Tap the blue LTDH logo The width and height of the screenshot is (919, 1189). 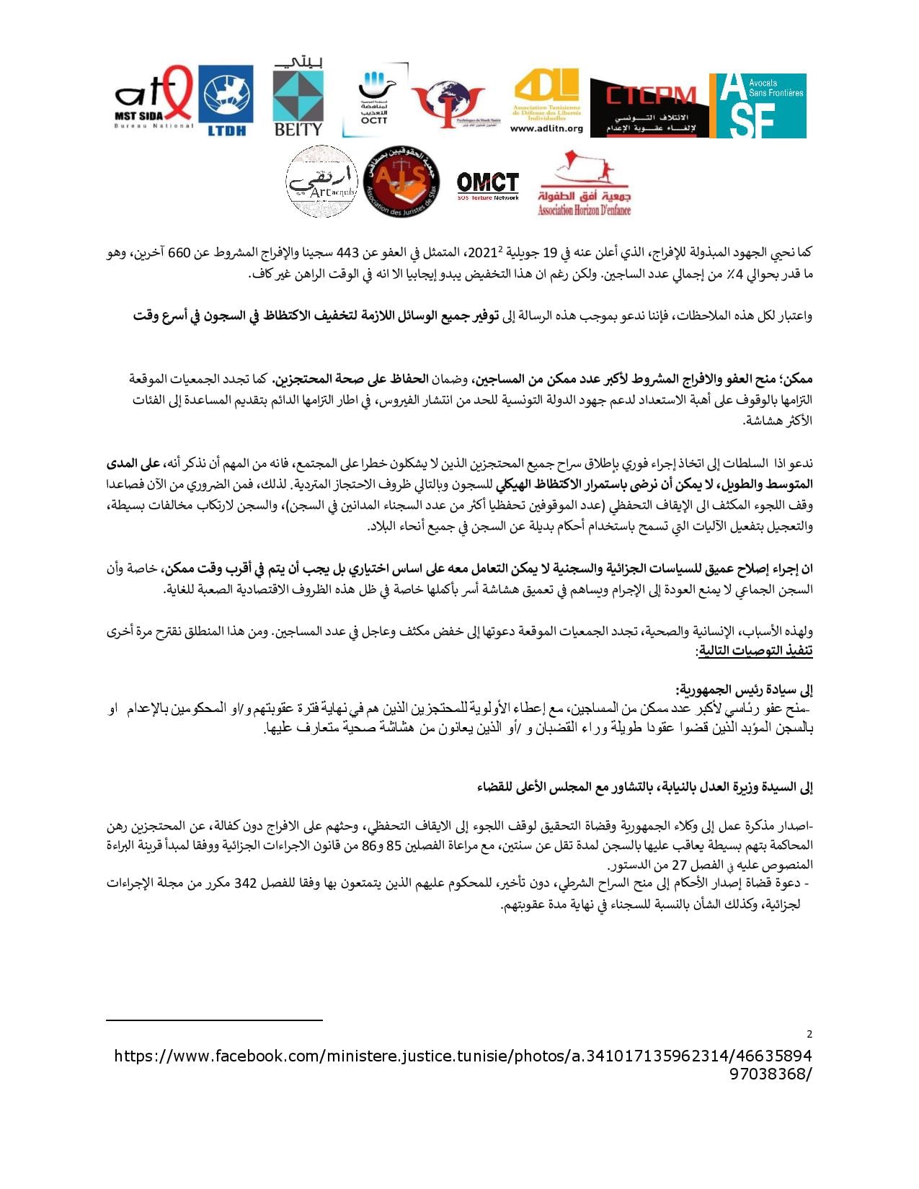[226, 99]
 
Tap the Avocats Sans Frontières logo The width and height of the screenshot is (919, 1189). [758, 105]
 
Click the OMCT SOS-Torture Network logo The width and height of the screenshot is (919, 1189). [488, 185]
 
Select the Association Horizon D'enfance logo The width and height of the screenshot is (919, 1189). [585, 185]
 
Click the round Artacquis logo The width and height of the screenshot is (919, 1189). [321, 182]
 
